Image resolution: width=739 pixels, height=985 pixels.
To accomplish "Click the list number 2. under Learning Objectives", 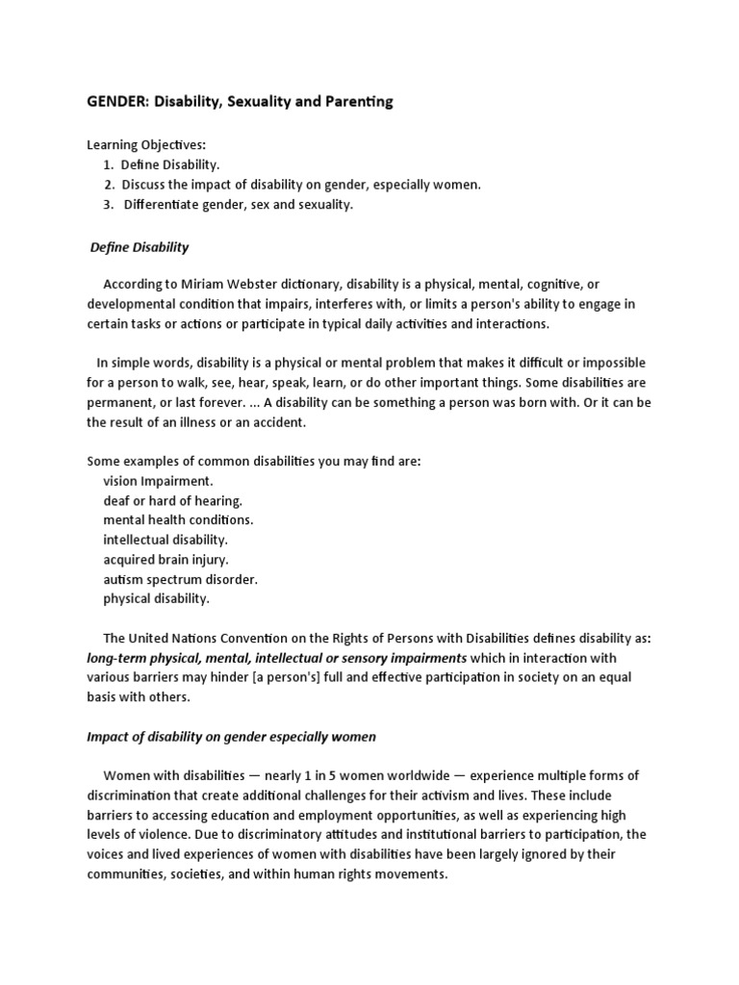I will pyautogui.click(x=110, y=184).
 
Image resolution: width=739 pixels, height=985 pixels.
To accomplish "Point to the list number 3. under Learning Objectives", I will pyautogui.click(x=110, y=204).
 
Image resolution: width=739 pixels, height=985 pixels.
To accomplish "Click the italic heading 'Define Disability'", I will pyautogui.click(x=140, y=247).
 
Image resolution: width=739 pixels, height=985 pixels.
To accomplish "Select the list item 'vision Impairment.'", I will pyautogui.click(x=158, y=481).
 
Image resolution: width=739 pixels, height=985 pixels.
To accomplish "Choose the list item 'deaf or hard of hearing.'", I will pyautogui.click(x=172, y=501).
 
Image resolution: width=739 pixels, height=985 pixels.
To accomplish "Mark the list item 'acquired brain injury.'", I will pyautogui.click(x=166, y=560).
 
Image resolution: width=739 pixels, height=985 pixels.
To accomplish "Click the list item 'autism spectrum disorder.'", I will pyautogui.click(x=180, y=579).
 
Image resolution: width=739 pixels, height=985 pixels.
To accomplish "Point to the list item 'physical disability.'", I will pyautogui.click(x=156, y=598).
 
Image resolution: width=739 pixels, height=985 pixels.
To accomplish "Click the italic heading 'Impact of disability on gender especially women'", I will pyautogui.click(x=231, y=737).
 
